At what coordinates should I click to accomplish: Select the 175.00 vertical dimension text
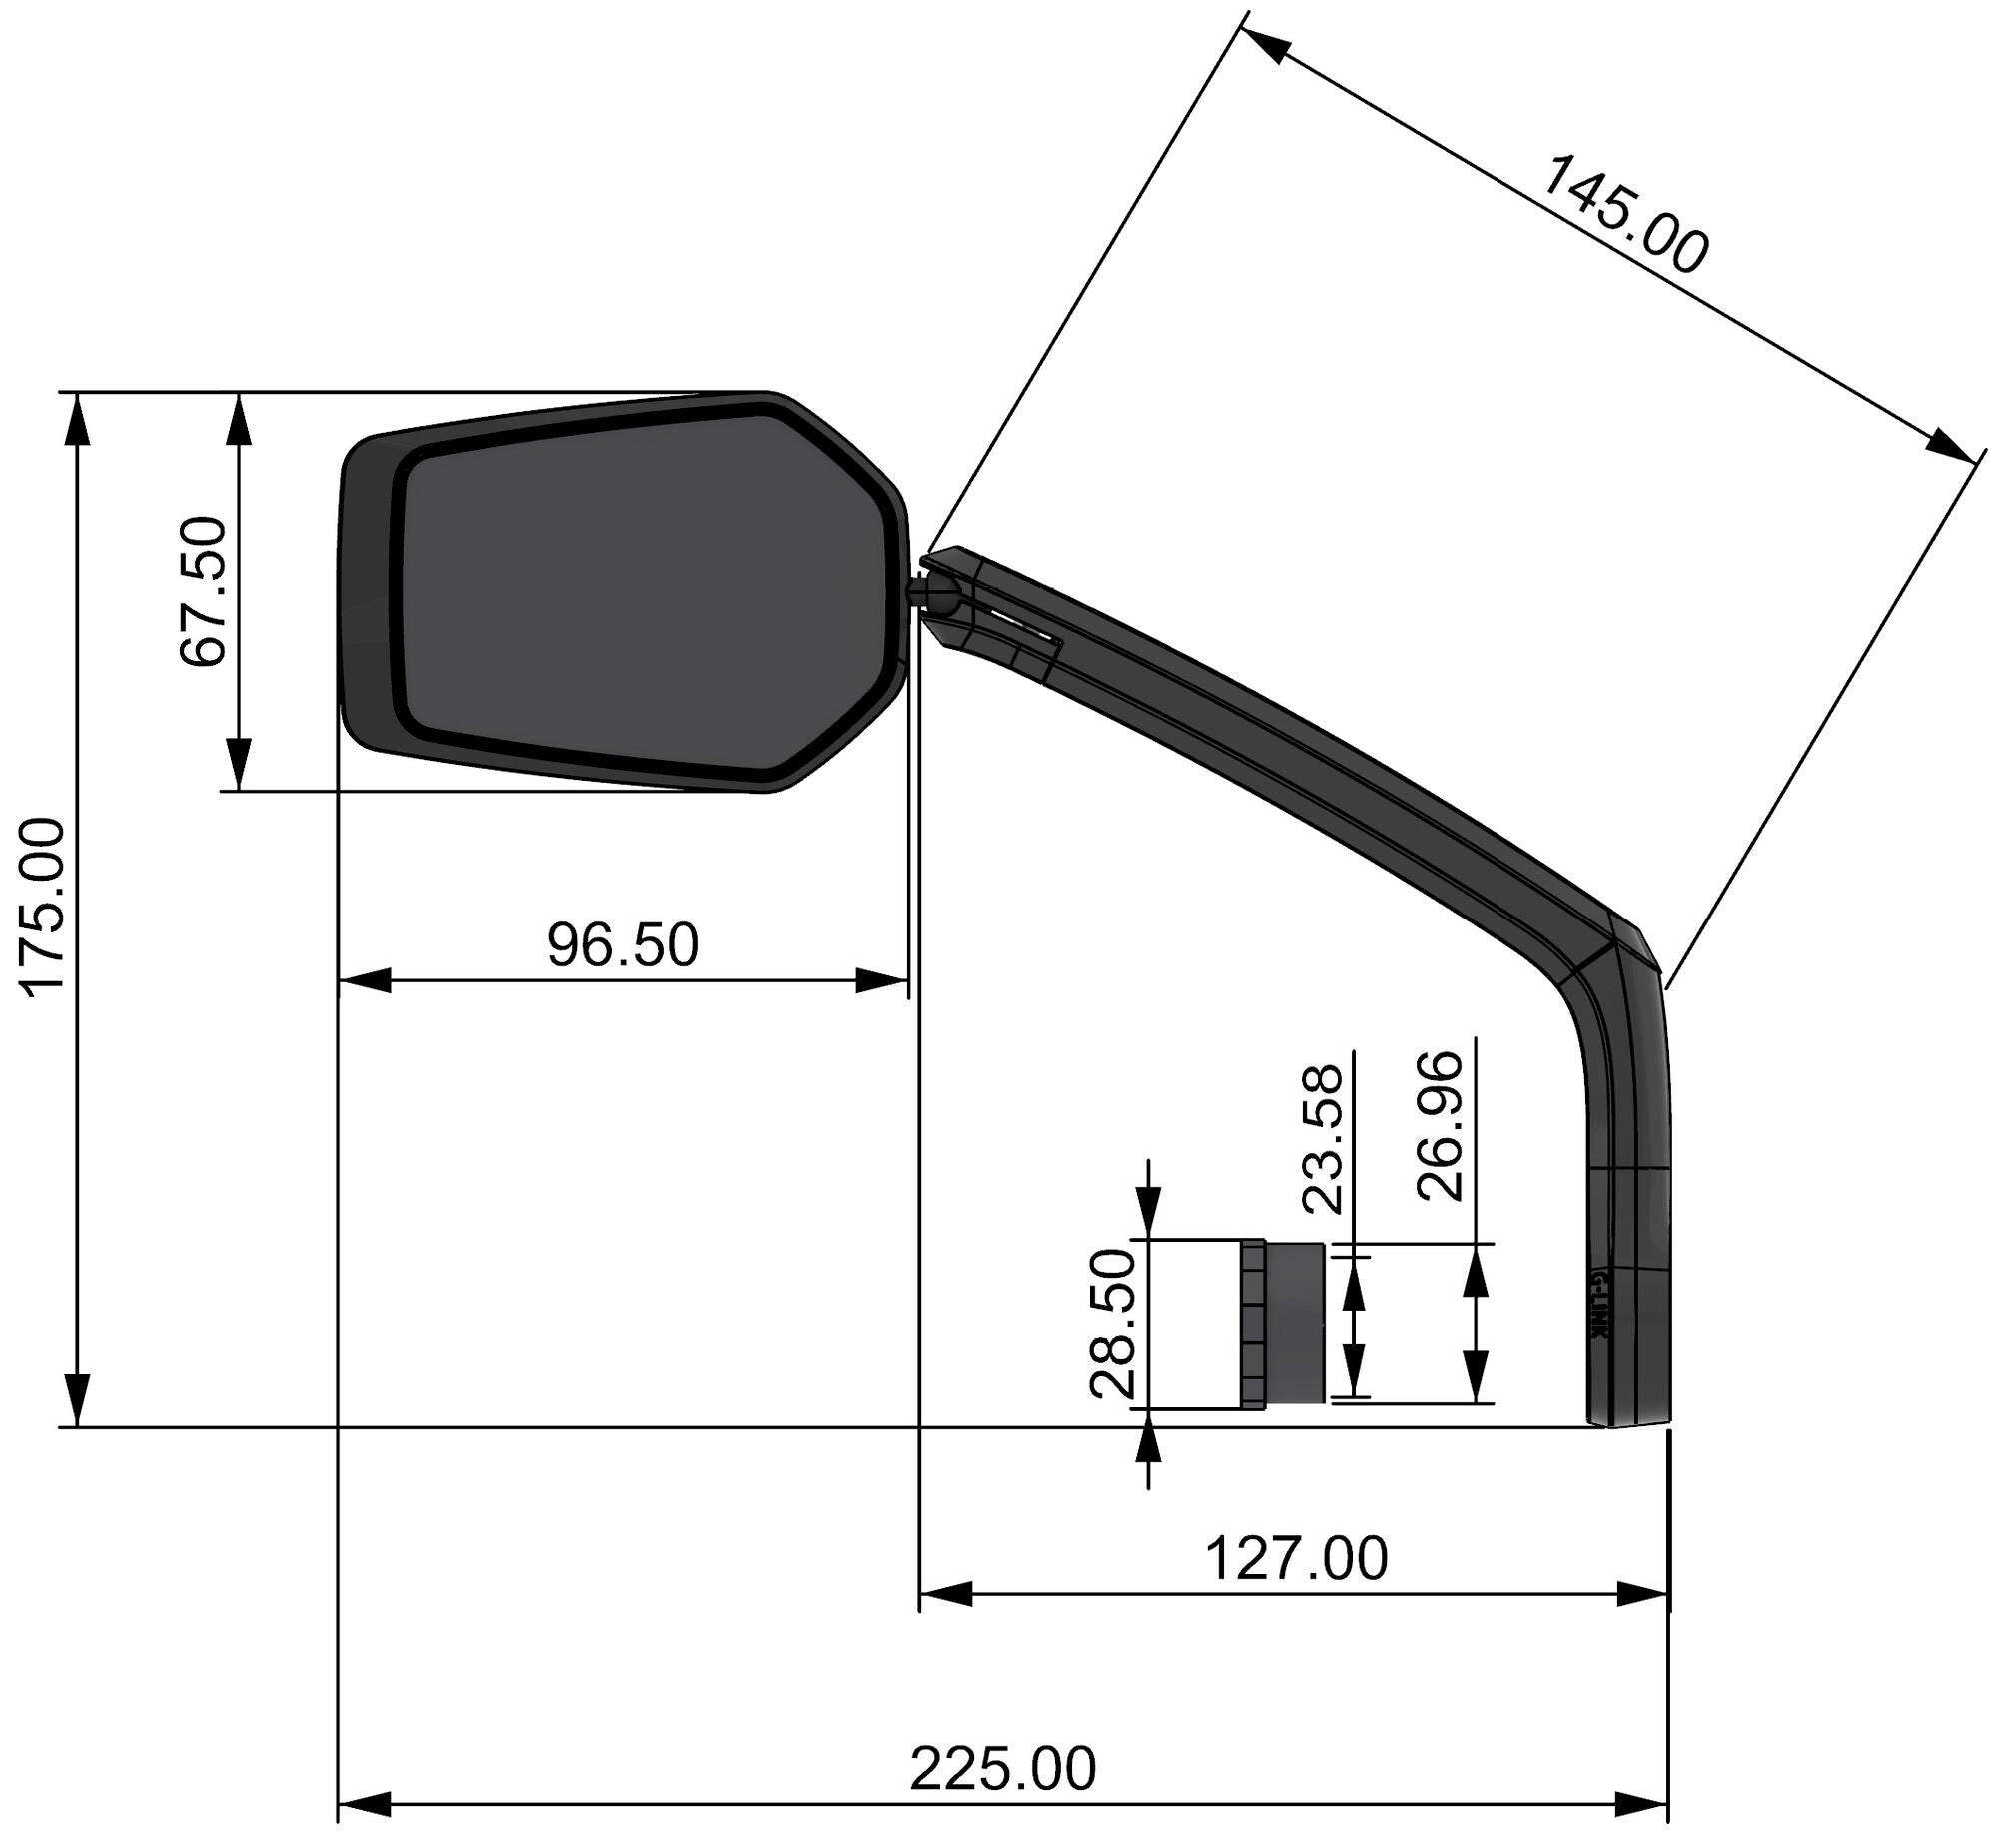pyautogui.click(x=45, y=908)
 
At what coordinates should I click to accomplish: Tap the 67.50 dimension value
pyautogui.click(x=205, y=591)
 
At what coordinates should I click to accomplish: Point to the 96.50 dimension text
pyautogui.click(x=623, y=945)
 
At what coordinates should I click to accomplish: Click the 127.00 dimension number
pyautogui.click(x=1296, y=1558)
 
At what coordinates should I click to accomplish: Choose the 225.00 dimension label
pyautogui.click(x=1002, y=1769)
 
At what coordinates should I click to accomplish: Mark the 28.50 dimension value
pyautogui.click(x=1114, y=1323)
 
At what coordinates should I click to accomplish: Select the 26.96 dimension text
pyautogui.click(x=1441, y=1126)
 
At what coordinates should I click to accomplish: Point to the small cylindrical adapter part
pyautogui.click(x=1295, y=1323)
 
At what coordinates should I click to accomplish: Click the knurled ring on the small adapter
pyautogui.click(x=1254, y=1324)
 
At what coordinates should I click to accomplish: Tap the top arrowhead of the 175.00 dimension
pyautogui.click(x=77, y=420)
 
